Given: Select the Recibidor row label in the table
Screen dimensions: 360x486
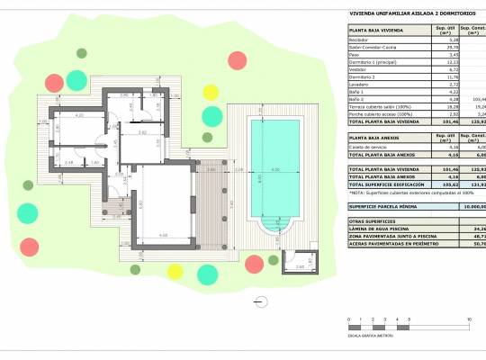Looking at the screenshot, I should coord(358,40).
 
